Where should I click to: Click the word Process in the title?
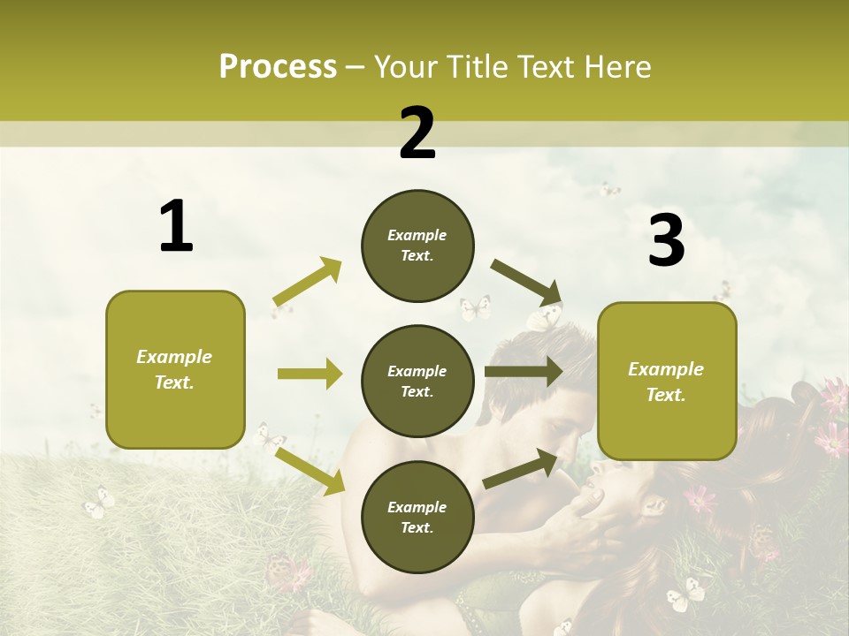click(x=278, y=67)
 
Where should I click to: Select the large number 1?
click(x=176, y=227)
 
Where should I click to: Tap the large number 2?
click(x=417, y=133)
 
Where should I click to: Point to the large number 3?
click(x=666, y=240)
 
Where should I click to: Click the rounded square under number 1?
click(x=175, y=369)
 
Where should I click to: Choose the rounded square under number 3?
click(x=667, y=382)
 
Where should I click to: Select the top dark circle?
click(x=417, y=246)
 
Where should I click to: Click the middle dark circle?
click(x=417, y=381)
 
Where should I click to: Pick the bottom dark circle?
click(x=417, y=517)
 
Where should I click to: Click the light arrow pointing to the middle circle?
click(x=310, y=374)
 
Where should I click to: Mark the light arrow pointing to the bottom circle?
click(x=310, y=471)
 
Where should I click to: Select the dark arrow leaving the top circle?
click(x=527, y=282)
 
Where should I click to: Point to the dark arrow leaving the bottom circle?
click(x=521, y=468)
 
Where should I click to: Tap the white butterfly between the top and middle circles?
click(x=475, y=307)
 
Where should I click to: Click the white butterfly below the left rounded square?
click(x=99, y=503)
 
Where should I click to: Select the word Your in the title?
click(x=407, y=67)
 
